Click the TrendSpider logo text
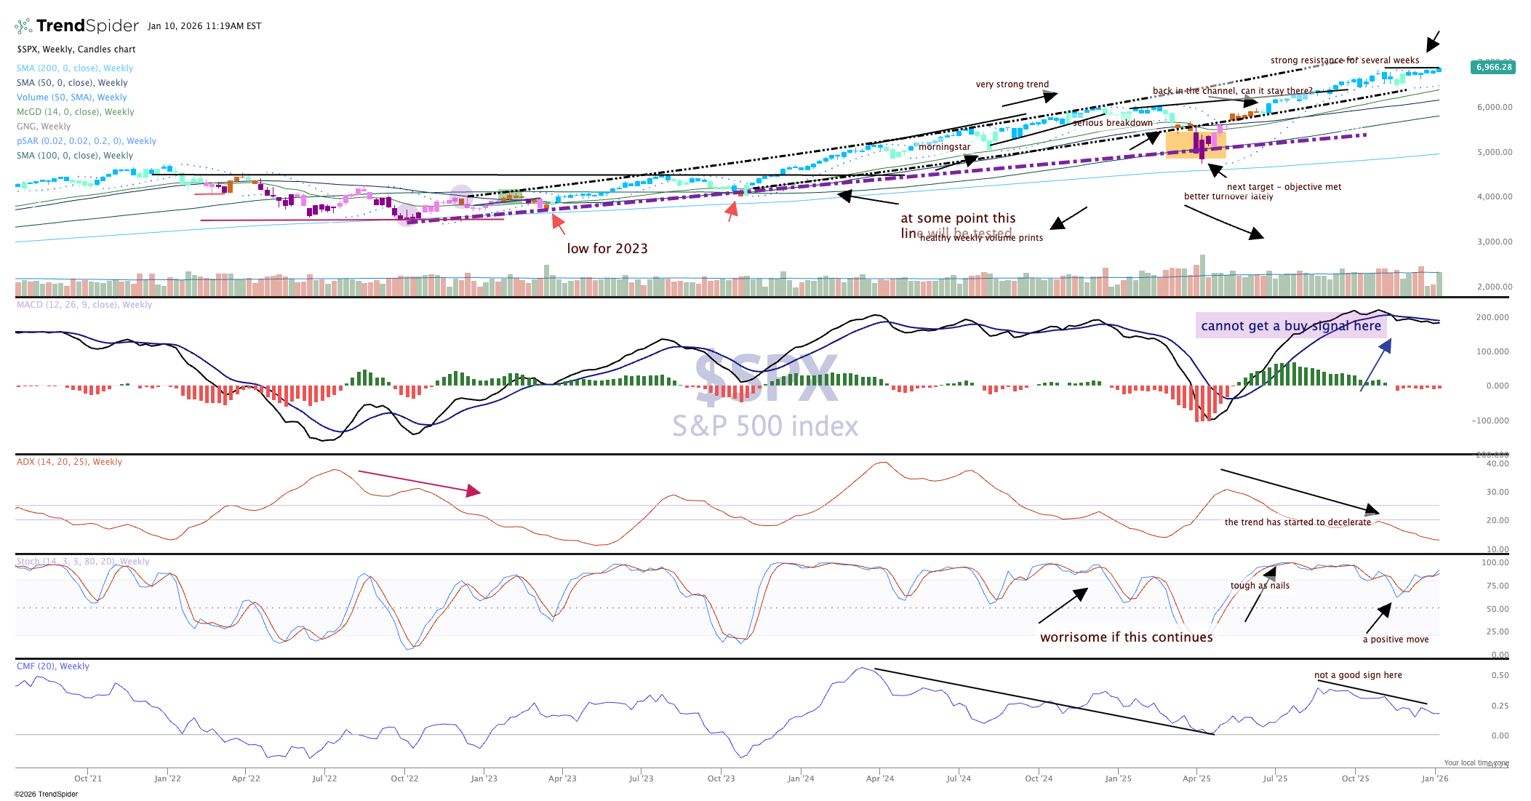pyautogui.click(x=87, y=26)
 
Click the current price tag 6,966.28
pyautogui.click(x=1493, y=67)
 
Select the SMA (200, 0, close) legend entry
pyautogui.click(x=75, y=68)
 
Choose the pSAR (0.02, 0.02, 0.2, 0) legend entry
pyautogui.click(x=87, y=141)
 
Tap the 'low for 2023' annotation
pyautogui.click(x=607, y=249)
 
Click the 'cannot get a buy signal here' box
pyautogui.click(x=1291, y=326)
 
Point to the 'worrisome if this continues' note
pyautogui.click(x=1127, y=637)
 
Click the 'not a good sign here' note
pyautogui.click(x=1358, y=675)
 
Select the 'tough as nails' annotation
pyautogui.click(x=1260, y=586)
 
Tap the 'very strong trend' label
pyautogui.click(x=1012, y=84)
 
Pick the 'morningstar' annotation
pyautogui.click(x=944, y=147)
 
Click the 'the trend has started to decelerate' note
pyautogui.click(x=1298, y=522)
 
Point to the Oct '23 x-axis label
pyautogui.click(x=721, y=778)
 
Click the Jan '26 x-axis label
pyautogui.click(x=1434, y=778)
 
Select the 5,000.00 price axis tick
pyautogui.click(x=1495, y=152)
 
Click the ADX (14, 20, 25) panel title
pyautogui.click(x=70, y=462)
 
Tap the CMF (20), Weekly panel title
pyautogui.click(x=53, y=666)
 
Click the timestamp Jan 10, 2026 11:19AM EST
pyautogui.click(x=204, y=26)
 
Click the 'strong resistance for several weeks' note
pyautogui.click(x=1345, y=60)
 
